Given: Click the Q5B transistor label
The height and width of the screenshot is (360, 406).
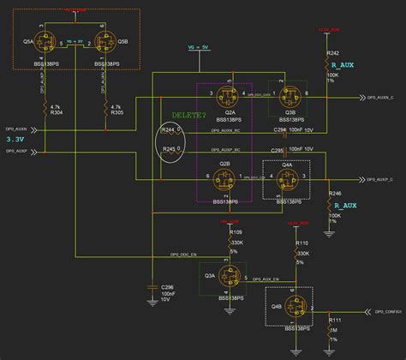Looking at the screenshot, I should click(x=123, y=40).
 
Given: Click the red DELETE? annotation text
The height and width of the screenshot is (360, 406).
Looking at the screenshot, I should click(x=189, y=115).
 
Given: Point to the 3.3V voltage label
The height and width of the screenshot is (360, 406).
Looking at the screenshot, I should click(x=15, y=139).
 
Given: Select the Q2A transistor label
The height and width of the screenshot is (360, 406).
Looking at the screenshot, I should click(x=230, y=111).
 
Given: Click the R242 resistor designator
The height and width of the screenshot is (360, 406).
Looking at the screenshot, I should click(x=333, y=52).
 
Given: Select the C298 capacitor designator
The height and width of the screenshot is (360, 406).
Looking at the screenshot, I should click(x=280, y=129).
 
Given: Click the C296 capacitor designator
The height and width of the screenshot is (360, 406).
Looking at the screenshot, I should click(x=167, y=286).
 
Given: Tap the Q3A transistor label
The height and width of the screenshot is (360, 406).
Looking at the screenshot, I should click(x=211, y=276).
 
